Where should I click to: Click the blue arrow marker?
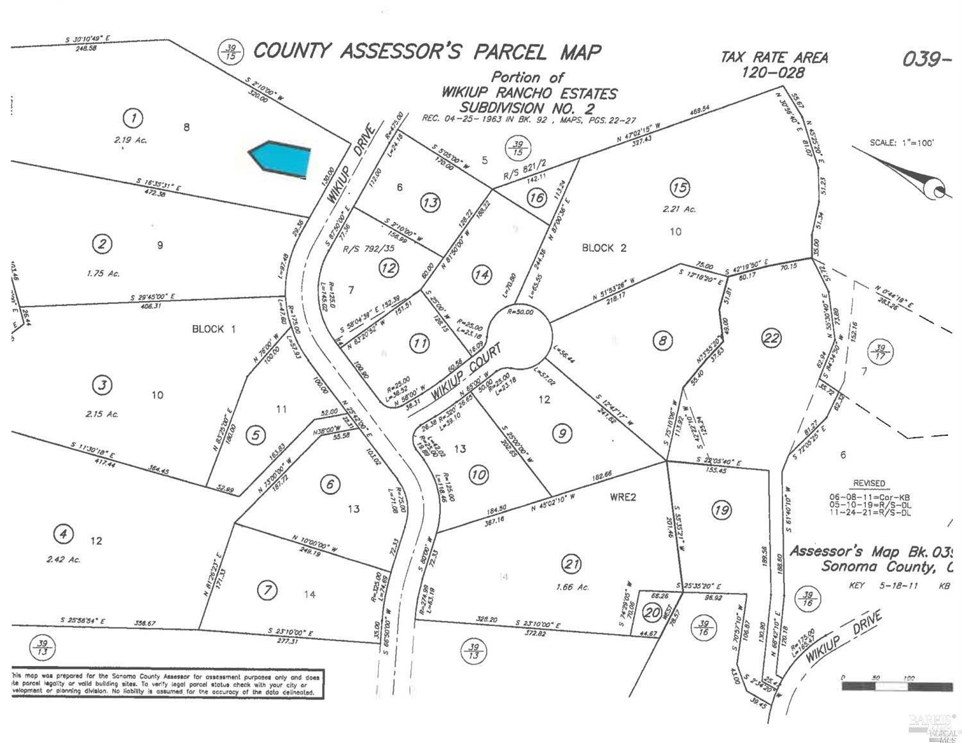280,157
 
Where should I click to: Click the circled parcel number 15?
680,187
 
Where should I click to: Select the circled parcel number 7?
267,590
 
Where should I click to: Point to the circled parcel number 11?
419,344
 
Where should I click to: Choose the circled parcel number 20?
652,613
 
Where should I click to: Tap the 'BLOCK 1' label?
214,329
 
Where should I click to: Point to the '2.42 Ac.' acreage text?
63,560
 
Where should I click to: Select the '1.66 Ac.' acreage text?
573,587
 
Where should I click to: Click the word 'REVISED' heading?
869,483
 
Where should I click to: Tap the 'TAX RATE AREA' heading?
774,58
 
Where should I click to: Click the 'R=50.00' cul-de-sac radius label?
520,312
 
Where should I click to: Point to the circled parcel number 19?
721,510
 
